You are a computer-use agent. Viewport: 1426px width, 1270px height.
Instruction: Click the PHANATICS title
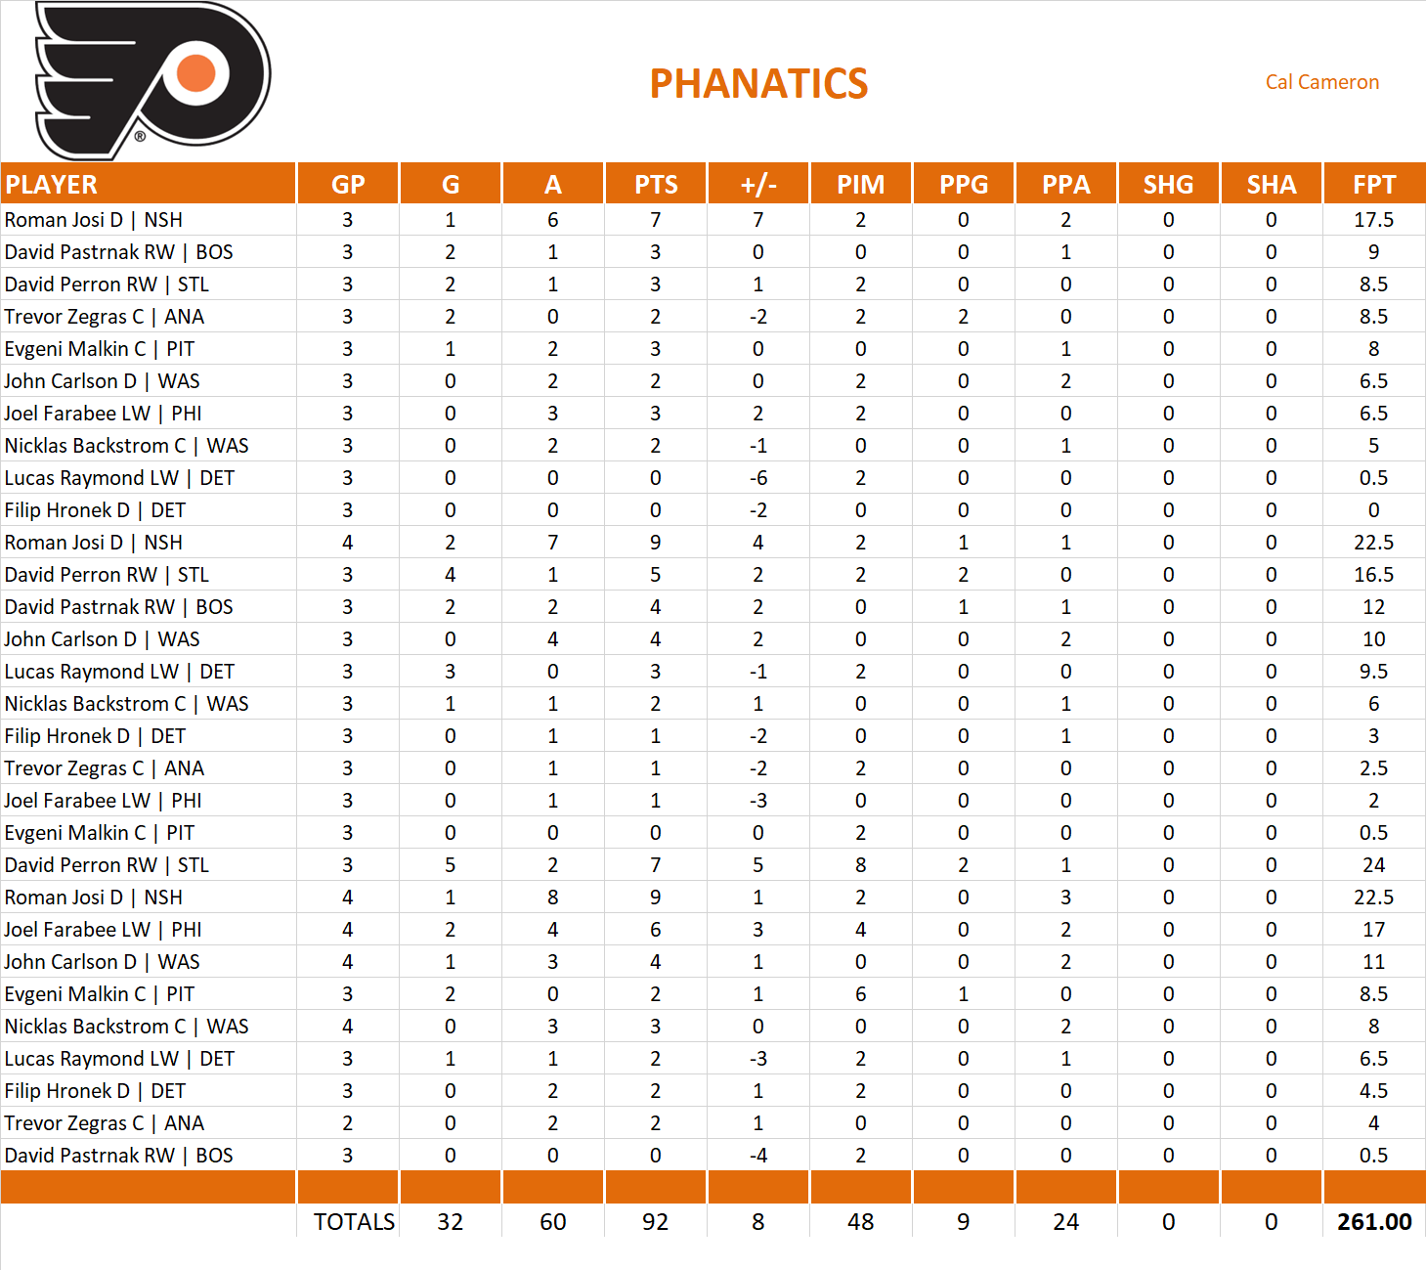(758, 84)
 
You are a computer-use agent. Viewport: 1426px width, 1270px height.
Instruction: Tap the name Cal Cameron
(1321, 82)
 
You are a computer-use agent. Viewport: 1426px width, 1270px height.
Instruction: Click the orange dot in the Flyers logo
(196, 73)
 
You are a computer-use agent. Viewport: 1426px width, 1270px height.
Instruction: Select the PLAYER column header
(52, 185)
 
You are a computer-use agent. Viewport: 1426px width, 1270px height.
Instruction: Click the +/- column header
(757, 185)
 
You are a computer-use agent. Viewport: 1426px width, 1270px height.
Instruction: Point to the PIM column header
(860, 185)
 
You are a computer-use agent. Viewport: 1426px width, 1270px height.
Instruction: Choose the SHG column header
(1168, 185)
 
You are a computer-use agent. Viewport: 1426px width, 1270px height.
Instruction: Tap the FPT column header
(1373, 185)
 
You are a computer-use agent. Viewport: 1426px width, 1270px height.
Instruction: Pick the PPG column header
(963, 185)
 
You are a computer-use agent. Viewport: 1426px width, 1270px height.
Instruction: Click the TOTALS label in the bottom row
(354, 1222)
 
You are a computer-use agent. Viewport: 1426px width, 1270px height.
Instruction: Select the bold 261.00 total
(1373, 1222)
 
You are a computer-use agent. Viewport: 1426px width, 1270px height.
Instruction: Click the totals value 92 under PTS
(655, 1222)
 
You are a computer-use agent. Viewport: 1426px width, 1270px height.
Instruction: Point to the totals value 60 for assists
(552, 1222)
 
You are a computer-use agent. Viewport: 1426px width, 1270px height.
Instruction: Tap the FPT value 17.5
(1373, 220)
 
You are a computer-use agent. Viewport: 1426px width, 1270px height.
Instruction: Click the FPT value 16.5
(1373, 575)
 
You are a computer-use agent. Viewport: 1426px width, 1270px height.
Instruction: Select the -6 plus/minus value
(757, 478)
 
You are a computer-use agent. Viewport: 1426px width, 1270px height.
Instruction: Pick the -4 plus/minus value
(757, 1156)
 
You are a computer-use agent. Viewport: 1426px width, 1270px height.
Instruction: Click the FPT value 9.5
(1373, 672)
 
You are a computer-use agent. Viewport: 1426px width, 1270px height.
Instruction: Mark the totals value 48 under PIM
(860, 1222)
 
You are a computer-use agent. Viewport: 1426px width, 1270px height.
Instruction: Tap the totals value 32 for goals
(450, 1222)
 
